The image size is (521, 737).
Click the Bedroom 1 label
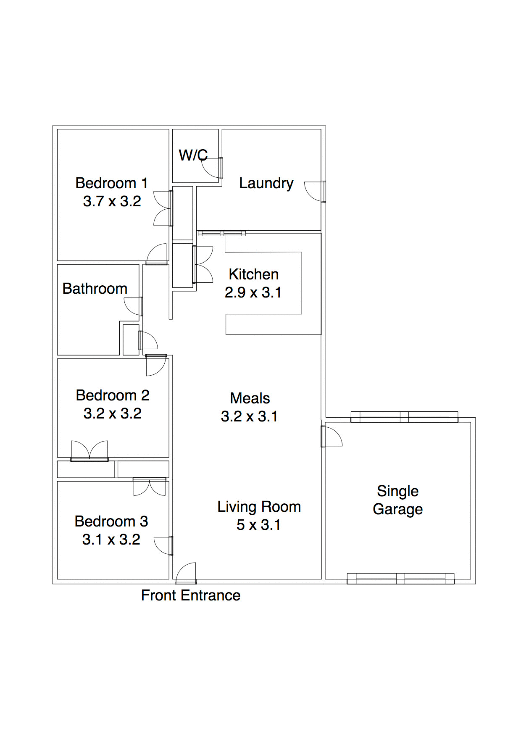tap(111, 183)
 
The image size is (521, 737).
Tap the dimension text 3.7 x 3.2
tap(112, 201)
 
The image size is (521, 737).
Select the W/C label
tap(193, 155)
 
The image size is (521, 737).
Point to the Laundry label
tap(266, 183)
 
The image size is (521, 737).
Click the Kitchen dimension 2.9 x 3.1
tap(253, 292)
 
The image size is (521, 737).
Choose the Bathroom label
tap(95, 289)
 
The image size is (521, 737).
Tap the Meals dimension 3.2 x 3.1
tap(249, 416)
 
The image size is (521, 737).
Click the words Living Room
tap(259, 507)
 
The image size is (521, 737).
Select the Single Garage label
tap(397, 500)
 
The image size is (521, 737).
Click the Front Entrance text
tap(190, 595)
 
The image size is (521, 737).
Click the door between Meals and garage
tap(332, 437)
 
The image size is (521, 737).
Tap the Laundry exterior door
tap(314, 192)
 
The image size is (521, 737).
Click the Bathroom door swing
tap(134, 306)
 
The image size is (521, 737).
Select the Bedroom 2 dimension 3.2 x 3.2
tap(112, 413)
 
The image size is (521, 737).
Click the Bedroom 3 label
tap(111, 521)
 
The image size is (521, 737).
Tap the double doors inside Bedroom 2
tap(89, 451)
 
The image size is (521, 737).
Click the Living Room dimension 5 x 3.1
tap(258, 525)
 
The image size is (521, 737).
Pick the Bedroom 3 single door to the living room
tap(163, 546)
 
